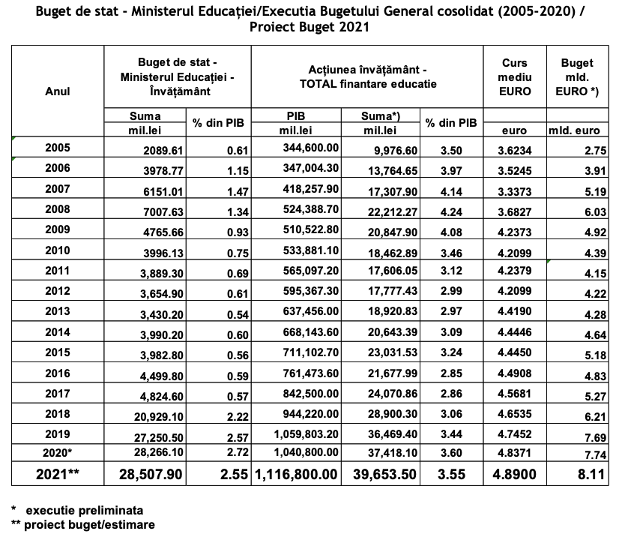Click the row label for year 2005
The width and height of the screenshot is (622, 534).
[58, 148]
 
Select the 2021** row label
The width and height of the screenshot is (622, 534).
[58, 474]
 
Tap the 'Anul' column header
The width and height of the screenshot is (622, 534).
[58, 91]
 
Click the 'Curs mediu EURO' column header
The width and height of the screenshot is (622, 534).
[515, 77]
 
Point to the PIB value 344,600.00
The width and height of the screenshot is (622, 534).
[310, 148]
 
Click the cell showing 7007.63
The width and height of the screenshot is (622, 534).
[163, 212]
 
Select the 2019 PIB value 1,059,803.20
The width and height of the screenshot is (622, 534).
[307, 434]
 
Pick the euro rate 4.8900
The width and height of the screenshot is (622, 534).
[515, 474]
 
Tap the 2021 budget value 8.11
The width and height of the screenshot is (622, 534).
[591, 474]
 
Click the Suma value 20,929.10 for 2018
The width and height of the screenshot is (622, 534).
[159, 416]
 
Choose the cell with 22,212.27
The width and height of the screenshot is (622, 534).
[393, 212]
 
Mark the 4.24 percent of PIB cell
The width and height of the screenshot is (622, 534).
[451, 212]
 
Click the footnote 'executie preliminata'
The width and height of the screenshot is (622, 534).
[85, 510]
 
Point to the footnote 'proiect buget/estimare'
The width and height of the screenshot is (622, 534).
[89, 524]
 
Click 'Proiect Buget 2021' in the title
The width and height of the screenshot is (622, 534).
[310, 27]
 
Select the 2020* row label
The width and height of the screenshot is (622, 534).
[58, 452]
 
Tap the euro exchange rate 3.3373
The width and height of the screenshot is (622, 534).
[515, 191]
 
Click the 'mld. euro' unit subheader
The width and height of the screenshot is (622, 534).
[574, 130]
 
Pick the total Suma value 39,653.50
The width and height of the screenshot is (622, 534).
[384, 474]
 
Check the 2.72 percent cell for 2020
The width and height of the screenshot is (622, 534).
[238, 451]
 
